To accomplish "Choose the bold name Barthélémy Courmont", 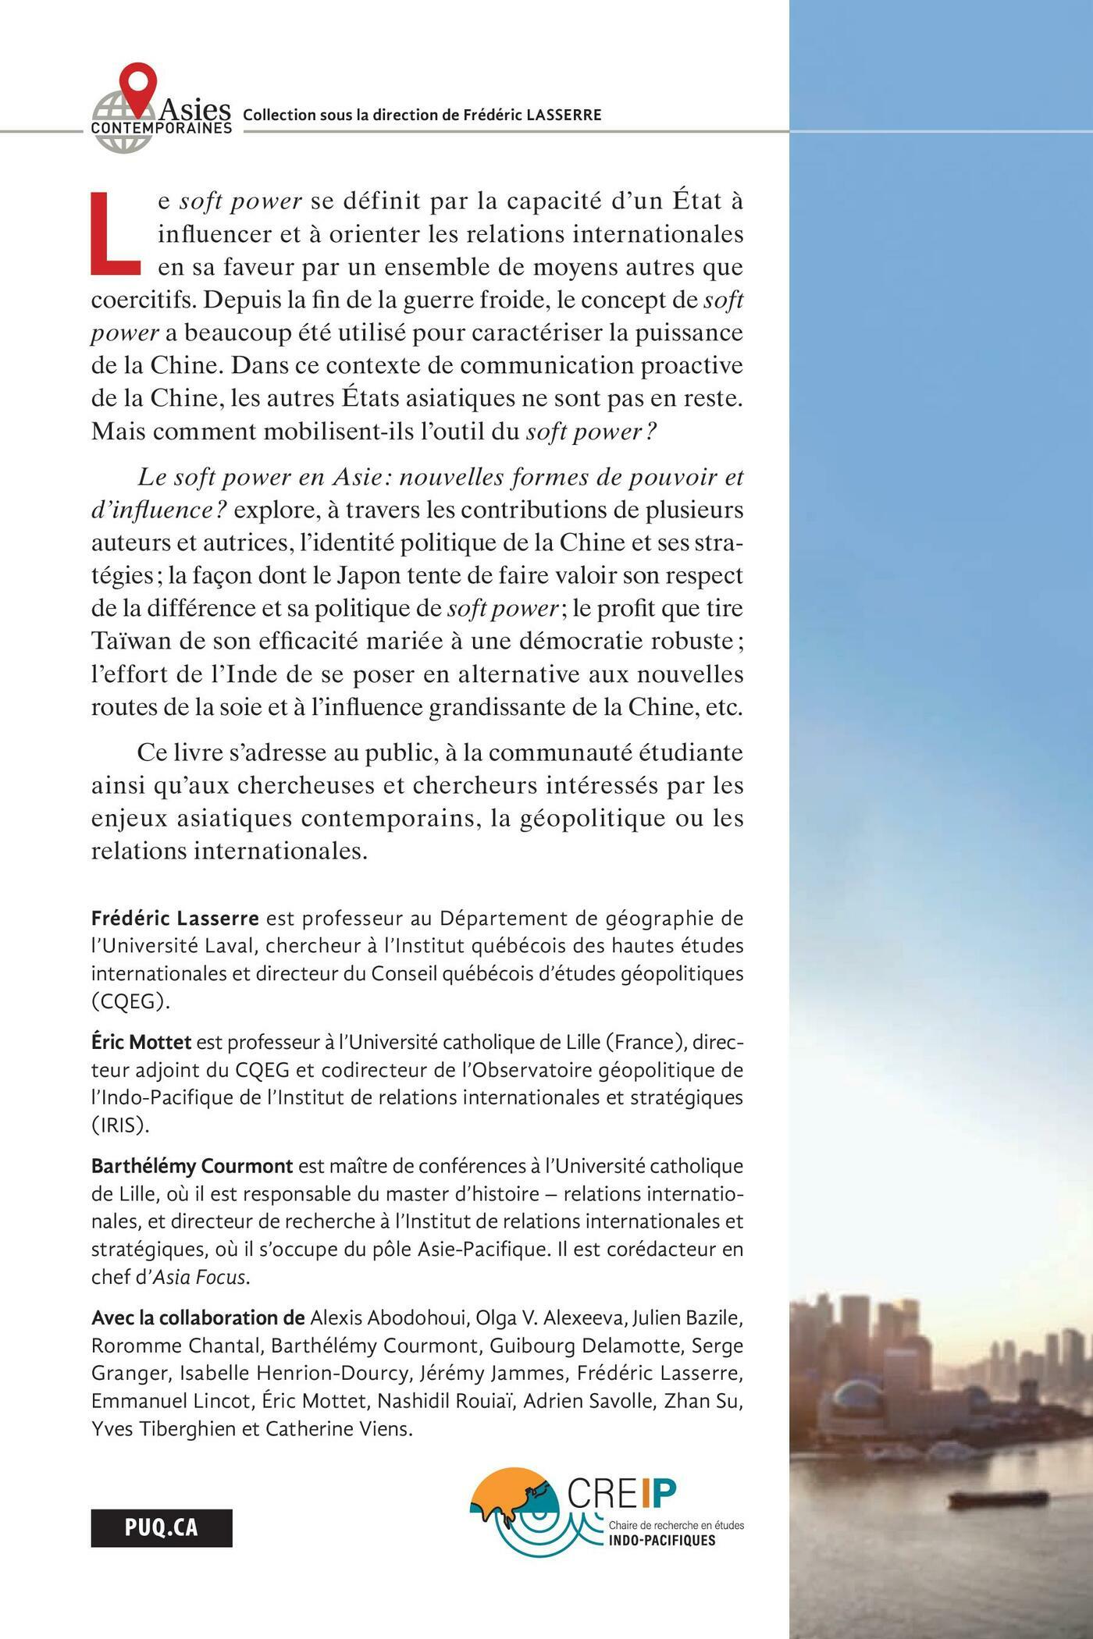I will click(x=192, y=1166).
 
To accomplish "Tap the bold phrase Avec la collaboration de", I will click(x=198, y=1318).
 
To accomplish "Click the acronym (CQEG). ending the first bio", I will click(x=130, y=1001).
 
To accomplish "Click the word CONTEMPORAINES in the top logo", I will click(x=162, y=126).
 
